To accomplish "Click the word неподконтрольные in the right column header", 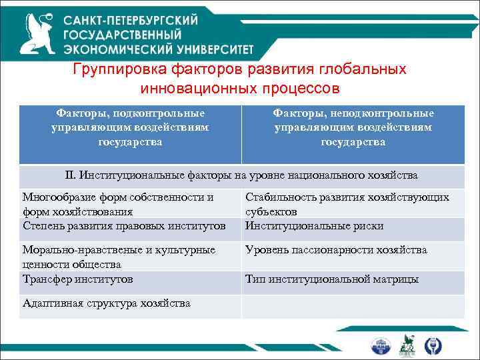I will [389, 113].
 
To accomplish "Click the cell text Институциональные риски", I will [314, 226].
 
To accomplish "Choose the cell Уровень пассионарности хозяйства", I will [336, 250].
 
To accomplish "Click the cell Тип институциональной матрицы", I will [331, 279].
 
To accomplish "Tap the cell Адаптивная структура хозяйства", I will [106, 303].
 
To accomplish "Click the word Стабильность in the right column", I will [277, 197].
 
